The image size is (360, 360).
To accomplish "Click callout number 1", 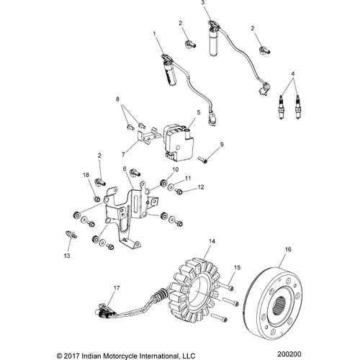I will click(154, 34).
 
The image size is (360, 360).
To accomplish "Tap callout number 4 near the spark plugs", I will click(292, 73).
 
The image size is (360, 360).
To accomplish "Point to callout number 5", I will click(199, 113).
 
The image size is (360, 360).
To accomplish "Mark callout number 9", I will click(222, 145).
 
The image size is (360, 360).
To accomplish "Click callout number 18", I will click(85, 175).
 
